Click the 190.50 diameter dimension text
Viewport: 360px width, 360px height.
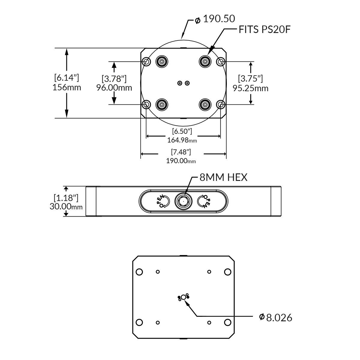(219, 19)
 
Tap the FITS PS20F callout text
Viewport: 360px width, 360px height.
(265, 29)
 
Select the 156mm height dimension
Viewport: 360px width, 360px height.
(67, 88)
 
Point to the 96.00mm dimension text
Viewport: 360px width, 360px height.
(114, 88)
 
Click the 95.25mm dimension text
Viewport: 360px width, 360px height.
(250, 88)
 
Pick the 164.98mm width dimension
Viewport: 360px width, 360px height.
(182, 140)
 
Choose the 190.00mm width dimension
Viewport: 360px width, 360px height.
(181, 161)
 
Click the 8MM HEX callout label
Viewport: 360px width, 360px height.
(223, 177)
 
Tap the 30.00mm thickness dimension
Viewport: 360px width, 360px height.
(66, 207)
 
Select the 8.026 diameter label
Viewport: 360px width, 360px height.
(279, 318)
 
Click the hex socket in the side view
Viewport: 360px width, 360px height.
(183, 201)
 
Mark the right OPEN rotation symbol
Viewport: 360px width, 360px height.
(204, 201)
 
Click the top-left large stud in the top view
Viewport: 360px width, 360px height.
(162, 62)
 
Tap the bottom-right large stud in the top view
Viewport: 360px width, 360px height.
(205, 105)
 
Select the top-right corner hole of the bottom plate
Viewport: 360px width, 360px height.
(228, 272)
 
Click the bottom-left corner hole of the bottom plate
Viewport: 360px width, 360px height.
(139, 322)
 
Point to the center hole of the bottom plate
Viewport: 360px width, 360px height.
(184, 297)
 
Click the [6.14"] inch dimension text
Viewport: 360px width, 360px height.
(67, 78)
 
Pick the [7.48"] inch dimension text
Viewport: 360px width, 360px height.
(181, 152)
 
